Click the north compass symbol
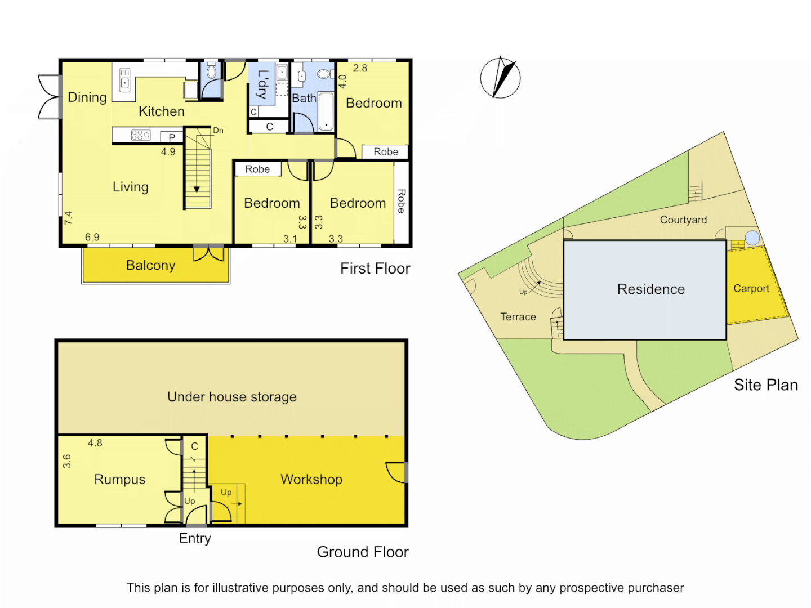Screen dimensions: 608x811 [x=500, y=78]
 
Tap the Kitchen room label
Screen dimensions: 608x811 [x=162, y=111]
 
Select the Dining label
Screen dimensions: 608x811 [x=87, y=97]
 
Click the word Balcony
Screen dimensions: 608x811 [x=150, y=265]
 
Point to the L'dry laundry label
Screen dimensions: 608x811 [x=262, y=84]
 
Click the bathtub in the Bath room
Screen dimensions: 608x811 [x=326, y=111]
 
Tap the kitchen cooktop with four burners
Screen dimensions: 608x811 [x=140, y=135]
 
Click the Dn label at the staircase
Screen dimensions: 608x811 [x=218, y=131]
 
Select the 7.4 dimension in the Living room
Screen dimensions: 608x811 [x=69, y=218]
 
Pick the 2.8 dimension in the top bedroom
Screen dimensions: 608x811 [x=360, y=68]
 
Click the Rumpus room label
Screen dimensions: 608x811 [x=119, y=479]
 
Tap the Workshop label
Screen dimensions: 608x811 [x=311, y=479]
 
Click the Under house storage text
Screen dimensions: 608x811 [x=231, y=397]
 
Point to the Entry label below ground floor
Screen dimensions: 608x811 [x=195, y=538]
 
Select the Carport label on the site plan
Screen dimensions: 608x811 [x=751, y=288]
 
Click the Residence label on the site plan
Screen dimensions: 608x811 [x=651, y=289]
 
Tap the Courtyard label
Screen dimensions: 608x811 [x=683, y=220]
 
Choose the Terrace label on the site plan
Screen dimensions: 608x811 [x=518, y=317]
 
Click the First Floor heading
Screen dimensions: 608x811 [x=375, y=269]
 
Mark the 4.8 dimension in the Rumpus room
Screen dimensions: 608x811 [x=95, y=443]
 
